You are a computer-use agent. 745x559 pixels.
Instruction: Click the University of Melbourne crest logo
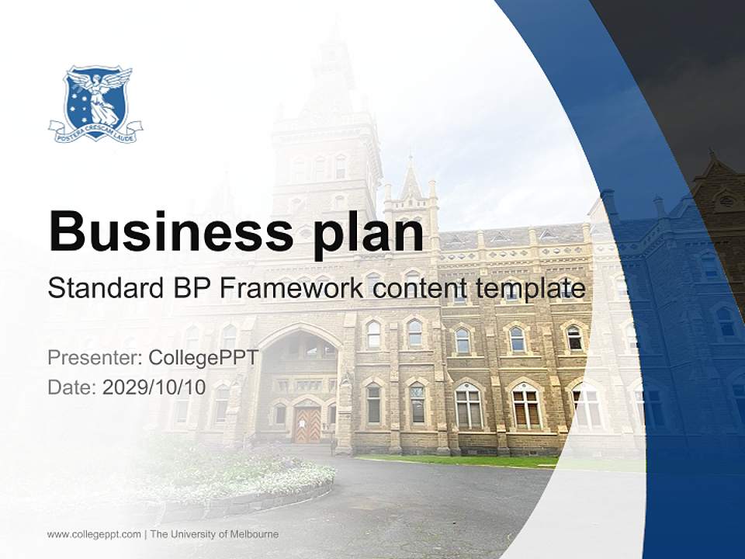coord(95,102)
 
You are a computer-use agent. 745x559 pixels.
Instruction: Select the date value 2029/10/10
coord(154,387)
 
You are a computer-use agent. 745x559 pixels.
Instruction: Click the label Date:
coord(71,387)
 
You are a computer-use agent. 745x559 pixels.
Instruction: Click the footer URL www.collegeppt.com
coord(94,534)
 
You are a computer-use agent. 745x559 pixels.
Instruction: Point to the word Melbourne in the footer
coord(251,534)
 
